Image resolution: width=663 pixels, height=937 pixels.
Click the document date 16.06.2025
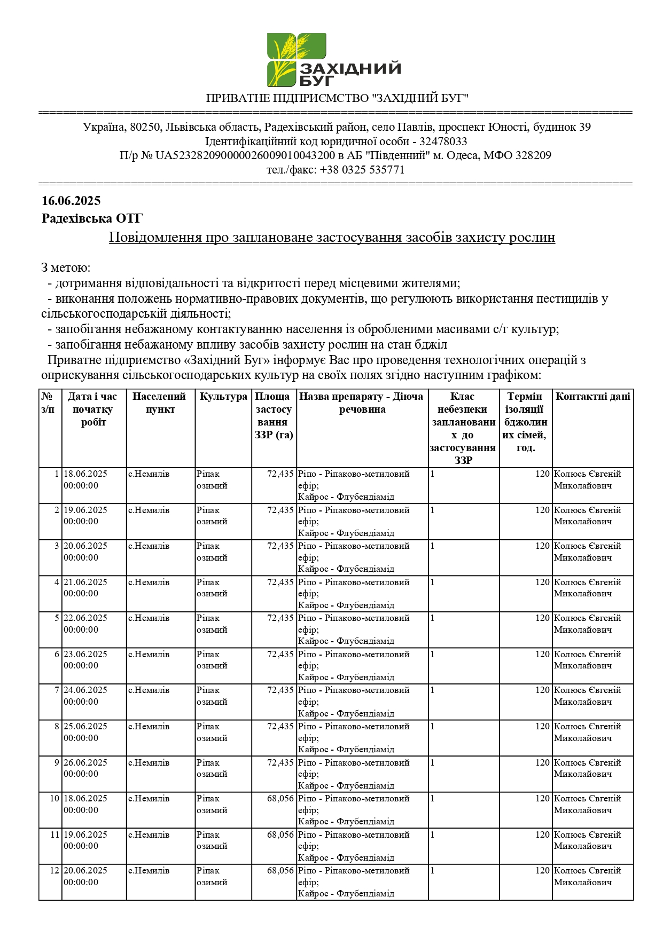pos(71,201)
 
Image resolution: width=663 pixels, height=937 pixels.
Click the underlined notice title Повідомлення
pos(332,237)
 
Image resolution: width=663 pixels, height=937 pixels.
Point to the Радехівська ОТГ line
pos(92,218)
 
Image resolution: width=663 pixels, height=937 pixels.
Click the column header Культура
pos(223,397)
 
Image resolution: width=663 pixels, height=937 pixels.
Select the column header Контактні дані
pos(592,397)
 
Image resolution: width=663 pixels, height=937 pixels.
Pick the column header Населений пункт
pos(160,403)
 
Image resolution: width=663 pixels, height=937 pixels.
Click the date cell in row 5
pos(85,624)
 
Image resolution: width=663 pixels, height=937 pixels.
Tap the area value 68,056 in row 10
pos(280,799)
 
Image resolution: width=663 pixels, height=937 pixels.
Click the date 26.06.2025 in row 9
pos(85,763)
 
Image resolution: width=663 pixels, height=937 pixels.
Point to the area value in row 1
pos(280,474)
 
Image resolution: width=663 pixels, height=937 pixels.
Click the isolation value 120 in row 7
pos(542,690)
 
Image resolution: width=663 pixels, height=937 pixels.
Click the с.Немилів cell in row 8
pos(149,727)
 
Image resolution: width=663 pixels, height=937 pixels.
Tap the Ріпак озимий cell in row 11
pos(212,840)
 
